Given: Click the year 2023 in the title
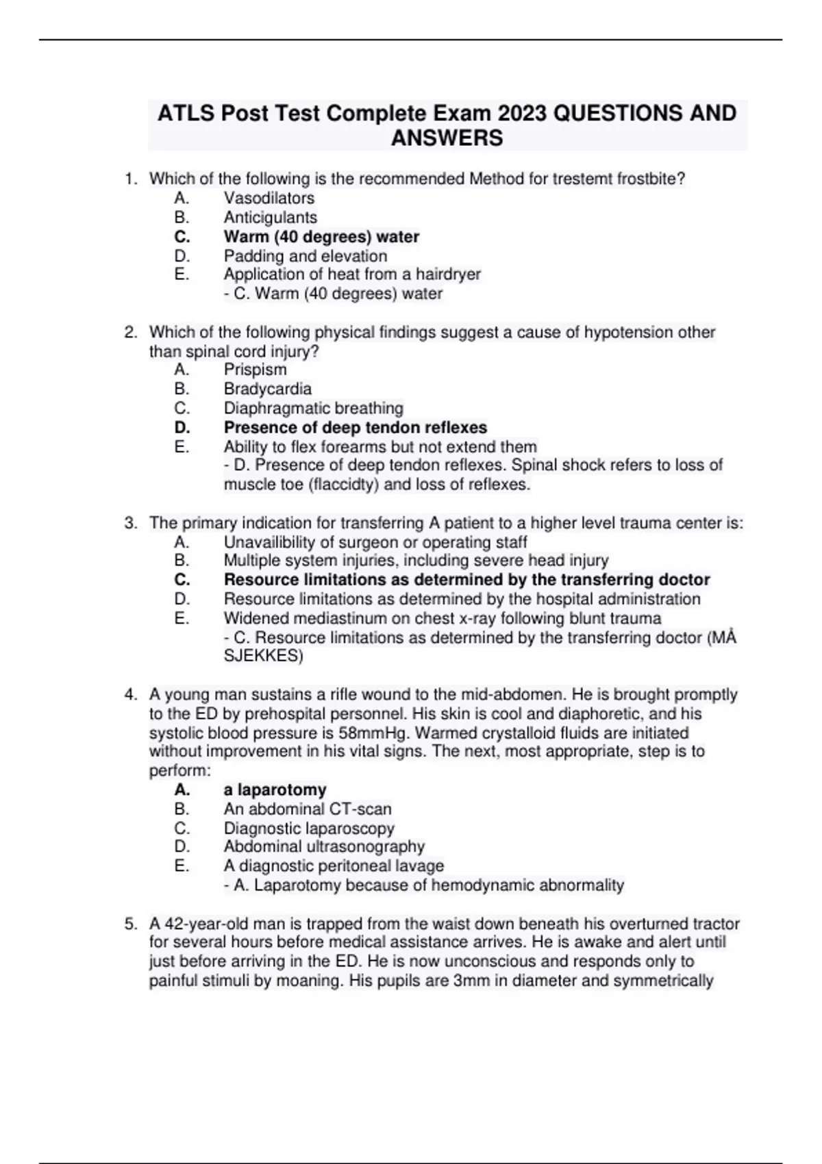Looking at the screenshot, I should (x=522, y=113).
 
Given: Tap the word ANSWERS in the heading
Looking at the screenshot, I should (x=447, y=138).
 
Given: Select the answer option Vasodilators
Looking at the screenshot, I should (x=269, y=199).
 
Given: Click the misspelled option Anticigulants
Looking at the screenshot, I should (x=270, y=218).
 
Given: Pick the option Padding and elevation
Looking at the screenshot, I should (x=305, y=256).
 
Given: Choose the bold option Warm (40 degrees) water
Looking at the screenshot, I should (x=321, y=237).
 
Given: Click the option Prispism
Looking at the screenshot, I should (x=255, y=370).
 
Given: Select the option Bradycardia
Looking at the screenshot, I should (x=267, y=389).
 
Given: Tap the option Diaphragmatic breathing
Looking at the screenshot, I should (x=313, y=408).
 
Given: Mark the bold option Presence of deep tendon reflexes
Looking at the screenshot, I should (x=355, y=428).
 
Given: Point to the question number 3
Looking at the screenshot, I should (x=131, y=524).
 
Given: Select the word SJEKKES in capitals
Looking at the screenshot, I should (x=263, y=656).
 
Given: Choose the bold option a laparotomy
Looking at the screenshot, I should (x=275, y=790).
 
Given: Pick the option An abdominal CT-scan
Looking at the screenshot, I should (x=308, y=809).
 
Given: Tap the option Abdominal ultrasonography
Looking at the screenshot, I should (x=324, y=847).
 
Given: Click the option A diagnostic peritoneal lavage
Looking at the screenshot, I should (x=334, y=866).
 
